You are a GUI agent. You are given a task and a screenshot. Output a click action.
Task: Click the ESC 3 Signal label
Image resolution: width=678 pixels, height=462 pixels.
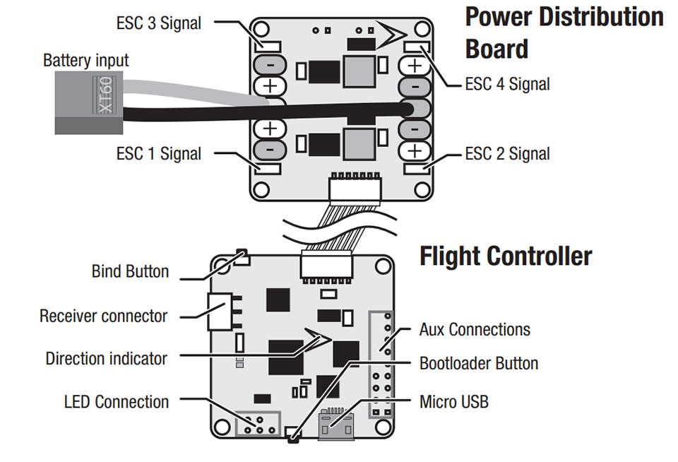(158, 23)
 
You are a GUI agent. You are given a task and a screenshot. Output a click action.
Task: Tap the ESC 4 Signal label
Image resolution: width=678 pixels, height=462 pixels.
(507, 84)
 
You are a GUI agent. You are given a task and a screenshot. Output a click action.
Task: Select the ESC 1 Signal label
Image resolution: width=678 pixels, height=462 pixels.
(158, 153)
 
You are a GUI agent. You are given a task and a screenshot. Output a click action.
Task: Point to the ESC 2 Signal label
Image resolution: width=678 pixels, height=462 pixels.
(507, 153)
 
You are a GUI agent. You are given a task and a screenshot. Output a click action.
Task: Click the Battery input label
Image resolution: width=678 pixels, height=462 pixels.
(85, 60)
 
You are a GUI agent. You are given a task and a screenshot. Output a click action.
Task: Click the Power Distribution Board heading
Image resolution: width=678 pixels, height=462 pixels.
(564, 32)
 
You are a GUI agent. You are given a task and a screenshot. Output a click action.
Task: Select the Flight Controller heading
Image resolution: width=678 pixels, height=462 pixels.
(506, 256)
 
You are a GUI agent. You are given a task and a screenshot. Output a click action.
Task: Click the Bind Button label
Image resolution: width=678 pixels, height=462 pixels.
(130, 271)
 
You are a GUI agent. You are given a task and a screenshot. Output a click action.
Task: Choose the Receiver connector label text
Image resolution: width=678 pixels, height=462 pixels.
(103, 315)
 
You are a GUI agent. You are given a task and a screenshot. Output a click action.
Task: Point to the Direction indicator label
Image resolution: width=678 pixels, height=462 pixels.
(106, 358)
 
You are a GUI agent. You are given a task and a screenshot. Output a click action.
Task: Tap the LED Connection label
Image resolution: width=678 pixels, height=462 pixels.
(117, 402)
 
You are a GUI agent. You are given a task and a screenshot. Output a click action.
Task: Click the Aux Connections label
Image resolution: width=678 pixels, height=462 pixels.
(475, 329)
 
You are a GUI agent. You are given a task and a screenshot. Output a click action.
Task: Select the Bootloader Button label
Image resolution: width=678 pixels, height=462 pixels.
(479, 364)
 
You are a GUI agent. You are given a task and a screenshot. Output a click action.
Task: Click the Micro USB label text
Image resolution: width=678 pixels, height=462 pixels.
(453, 402)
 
